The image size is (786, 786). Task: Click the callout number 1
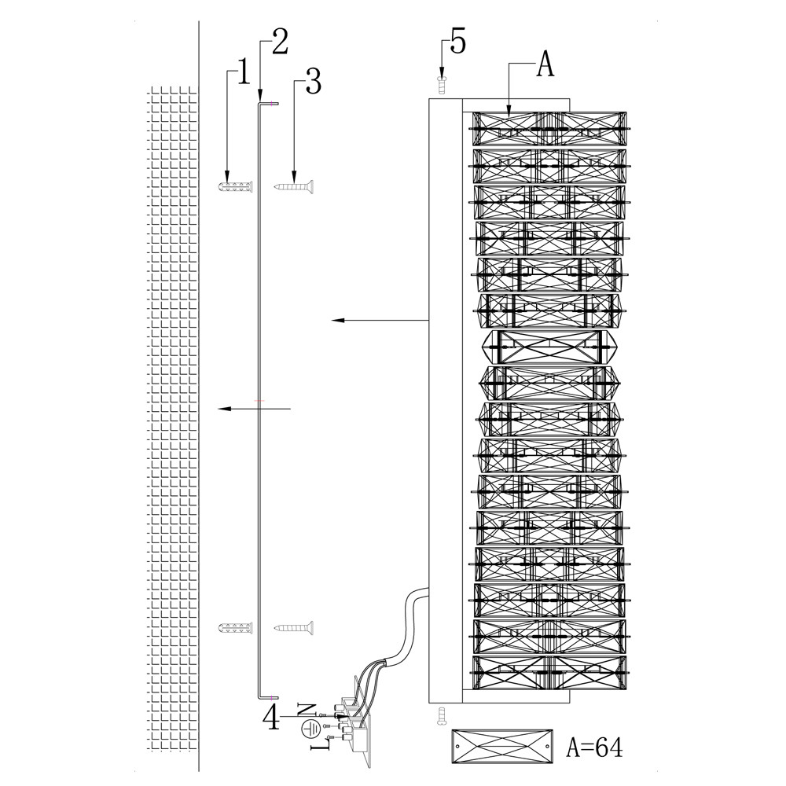pyautogui.click(x=242, y=73)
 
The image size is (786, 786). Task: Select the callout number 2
pyautogui.click(x=279, y=41)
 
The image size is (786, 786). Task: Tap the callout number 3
pyautogui.click(x=313, y=82)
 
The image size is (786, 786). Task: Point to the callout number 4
pyautogui.click(x=271, y=717)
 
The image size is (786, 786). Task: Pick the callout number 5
pyautogui.click(x=457, y=42)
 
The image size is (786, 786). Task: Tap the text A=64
pyautogui.click(x=595, y=747)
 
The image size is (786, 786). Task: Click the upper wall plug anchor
pyautogui.click(x=235, y=187)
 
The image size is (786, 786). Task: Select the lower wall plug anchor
pyautogui.click(x=235, y=628)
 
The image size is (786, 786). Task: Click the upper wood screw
pyautogui.click(x=295, y=187)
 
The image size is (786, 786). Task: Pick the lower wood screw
pyautogui.click(x=295, y=627)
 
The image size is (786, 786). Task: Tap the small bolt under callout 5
pyautogui.click(x=442, y=83)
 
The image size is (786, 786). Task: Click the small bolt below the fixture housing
pyautogui.click(x=441, y=715)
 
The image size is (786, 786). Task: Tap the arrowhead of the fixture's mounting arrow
pyautogui.click(x=336, y=320)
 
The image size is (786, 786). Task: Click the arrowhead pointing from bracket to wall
pyautogui.click(x=224, y=409)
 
